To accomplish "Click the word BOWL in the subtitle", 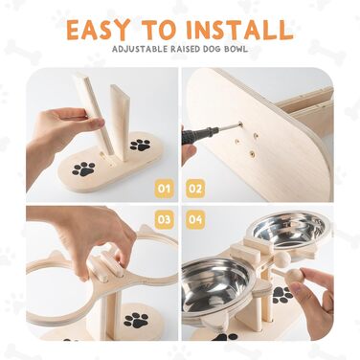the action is (236, 49).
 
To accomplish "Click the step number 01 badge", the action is (165, 189).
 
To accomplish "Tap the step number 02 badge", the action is (195, 189).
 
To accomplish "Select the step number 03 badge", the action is (165, 219).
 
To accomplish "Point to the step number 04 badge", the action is (195, 219).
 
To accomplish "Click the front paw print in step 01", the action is (83, 169).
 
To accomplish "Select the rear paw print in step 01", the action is (140, 145).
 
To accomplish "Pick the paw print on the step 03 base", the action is (136, 320).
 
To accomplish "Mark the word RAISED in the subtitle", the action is (181, 49).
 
